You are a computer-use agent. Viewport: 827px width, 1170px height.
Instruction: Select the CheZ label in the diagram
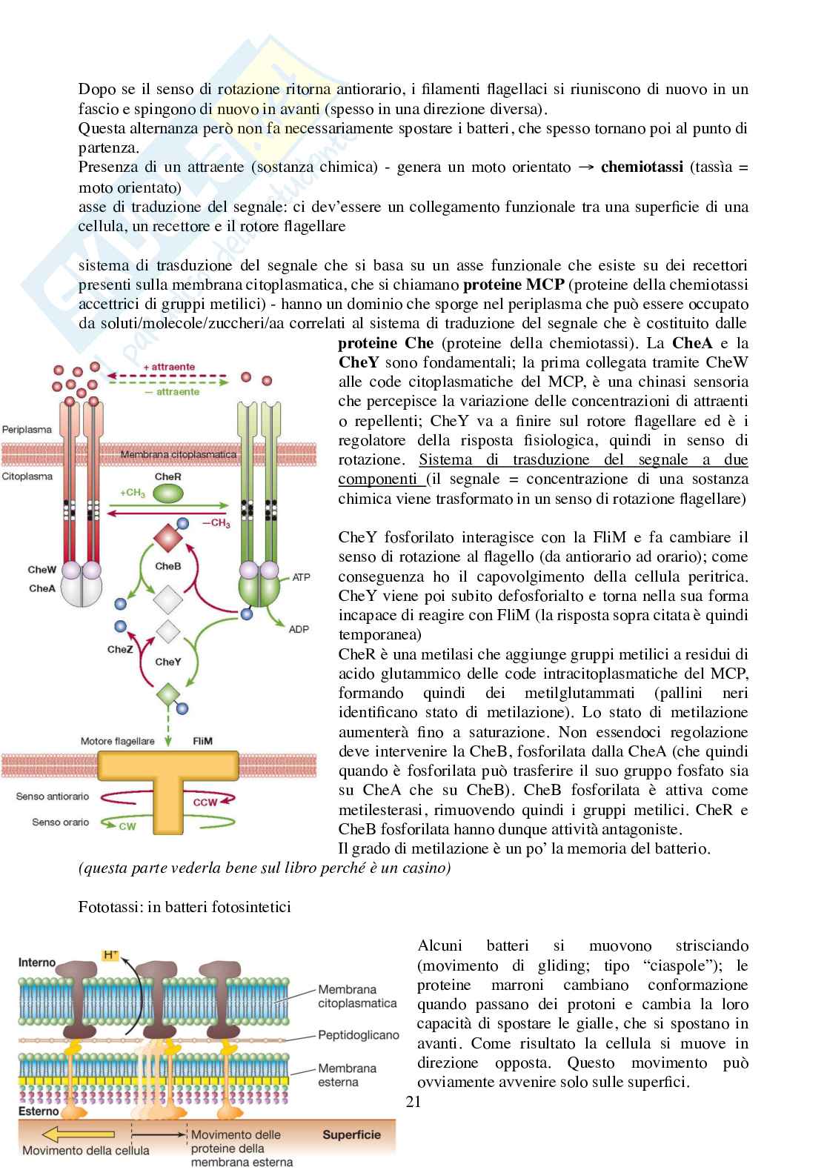tap(120, 649)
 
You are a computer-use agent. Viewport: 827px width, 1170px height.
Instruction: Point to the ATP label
tap(302, 576)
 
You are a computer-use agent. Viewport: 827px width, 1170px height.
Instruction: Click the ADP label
tap(299, 629)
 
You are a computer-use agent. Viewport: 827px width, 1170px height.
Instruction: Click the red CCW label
tap(205, 802)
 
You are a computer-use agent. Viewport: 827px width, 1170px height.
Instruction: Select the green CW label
tap(127, 826)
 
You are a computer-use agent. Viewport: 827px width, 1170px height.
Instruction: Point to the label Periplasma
tap(27, 429)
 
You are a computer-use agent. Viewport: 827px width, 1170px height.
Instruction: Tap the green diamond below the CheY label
tap(168, 695)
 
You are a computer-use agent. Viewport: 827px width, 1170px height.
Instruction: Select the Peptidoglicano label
tap(358, 1035)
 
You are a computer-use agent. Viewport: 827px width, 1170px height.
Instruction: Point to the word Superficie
tap(351, 1134)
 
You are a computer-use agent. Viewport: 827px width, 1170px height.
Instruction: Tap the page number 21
tap(413, 1102)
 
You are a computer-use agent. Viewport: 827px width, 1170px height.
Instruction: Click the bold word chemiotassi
tap(642, 167)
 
